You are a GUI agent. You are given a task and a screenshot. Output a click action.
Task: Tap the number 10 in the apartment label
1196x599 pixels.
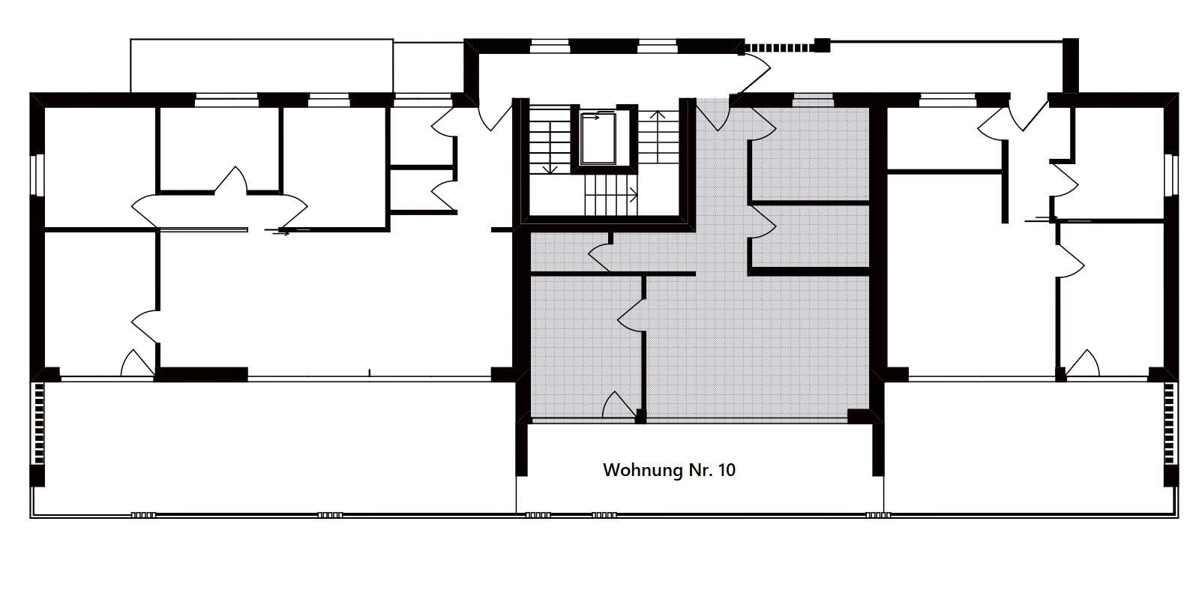tap(727, 470)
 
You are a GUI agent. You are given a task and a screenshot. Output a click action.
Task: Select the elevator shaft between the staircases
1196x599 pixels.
tap(598, 139)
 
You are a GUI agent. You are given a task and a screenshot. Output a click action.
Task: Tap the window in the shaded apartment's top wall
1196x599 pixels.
tap(813, 100)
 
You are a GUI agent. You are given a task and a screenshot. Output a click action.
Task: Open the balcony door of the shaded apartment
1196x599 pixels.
tap(619, 405)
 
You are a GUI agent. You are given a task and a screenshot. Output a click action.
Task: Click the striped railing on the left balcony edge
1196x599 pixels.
tap(39, 423)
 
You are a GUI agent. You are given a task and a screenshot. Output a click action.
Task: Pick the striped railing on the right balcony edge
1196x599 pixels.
tap(1169, 423)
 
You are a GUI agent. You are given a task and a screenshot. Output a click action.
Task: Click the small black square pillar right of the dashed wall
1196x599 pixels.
tap(822, 46)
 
